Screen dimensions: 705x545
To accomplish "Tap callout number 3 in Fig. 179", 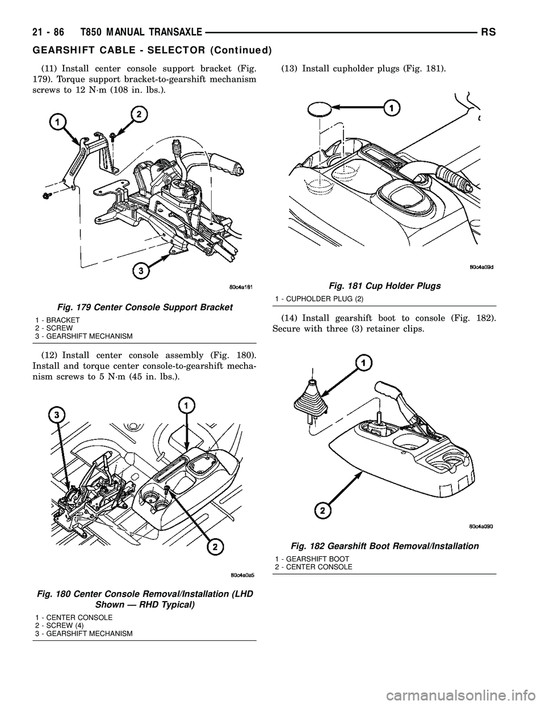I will pos(137,272).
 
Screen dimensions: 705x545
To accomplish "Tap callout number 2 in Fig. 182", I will pos(323,511).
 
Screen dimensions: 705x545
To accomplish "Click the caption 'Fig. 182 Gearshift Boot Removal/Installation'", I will pos(384,545).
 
